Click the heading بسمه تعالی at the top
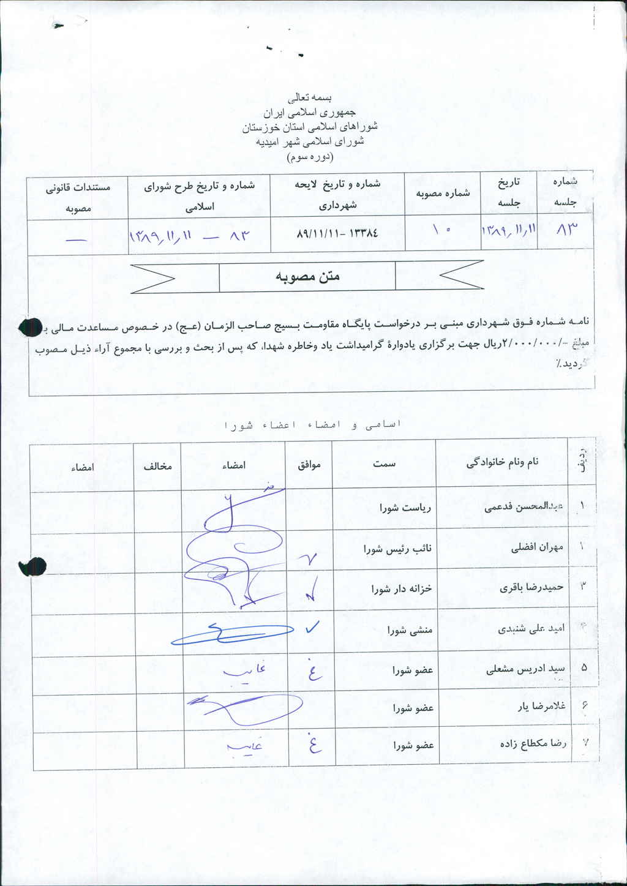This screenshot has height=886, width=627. pos(310,97)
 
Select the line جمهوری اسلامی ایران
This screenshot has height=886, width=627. pos(309,113)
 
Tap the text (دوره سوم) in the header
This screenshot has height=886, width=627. pos(310,157)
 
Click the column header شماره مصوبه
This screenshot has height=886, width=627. pos(443,193)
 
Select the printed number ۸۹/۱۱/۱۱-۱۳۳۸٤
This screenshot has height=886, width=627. pos(337,233)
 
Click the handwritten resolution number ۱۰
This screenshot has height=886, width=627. pos(441,231)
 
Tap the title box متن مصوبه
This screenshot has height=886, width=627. pos(307,277)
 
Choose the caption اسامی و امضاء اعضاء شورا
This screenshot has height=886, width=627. pos(313,424)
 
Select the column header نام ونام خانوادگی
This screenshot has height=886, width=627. pos(502,462)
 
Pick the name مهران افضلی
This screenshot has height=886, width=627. pos(537,547)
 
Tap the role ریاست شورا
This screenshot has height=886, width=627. pos(405,508)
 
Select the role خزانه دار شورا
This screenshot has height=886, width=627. pos(401,589)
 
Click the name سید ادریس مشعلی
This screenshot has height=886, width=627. pos(525,669)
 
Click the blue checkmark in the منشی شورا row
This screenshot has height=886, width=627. pos(312,627)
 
